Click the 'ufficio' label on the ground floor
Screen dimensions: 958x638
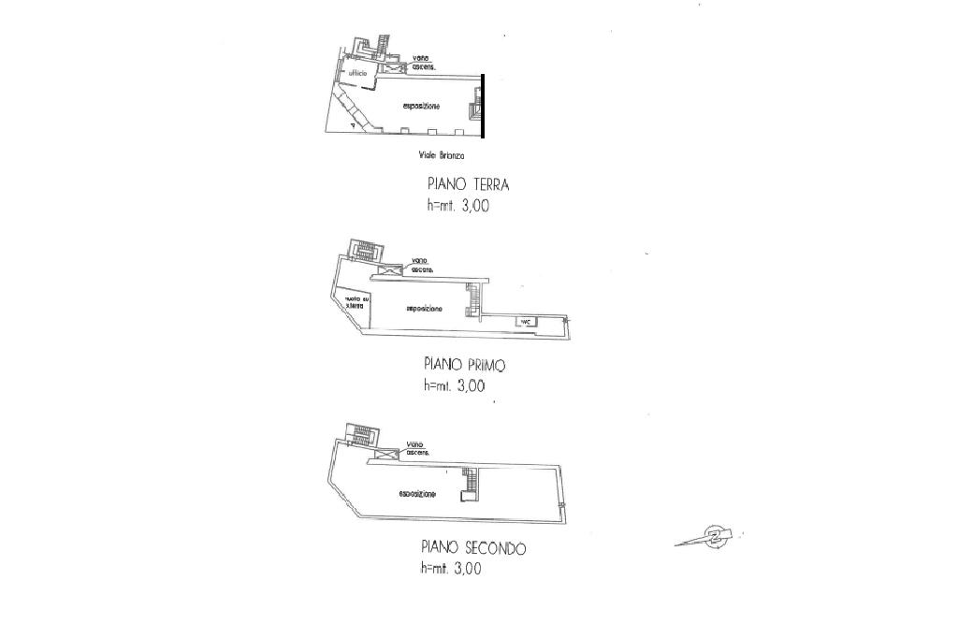point(357,73)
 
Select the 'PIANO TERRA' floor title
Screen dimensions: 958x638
point(468,185)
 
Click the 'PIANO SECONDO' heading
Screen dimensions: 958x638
point(472,547)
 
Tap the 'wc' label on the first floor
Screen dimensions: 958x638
point(526,322)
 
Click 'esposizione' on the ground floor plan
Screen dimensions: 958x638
point(421,107)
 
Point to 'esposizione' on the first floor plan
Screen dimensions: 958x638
point(424,308)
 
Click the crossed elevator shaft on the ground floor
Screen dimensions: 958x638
point(392,67)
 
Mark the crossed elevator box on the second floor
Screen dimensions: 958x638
point(385,454)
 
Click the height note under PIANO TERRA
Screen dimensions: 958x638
point(457,207)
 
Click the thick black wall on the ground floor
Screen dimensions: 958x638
point(483,106)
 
